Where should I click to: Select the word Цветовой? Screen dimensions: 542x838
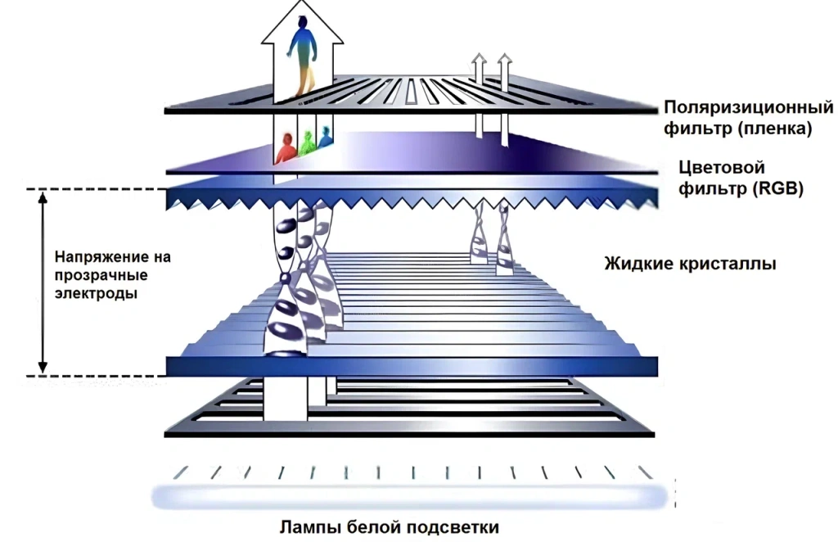click(x=718, y=167)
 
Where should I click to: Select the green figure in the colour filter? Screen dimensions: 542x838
click(x=307, y=143)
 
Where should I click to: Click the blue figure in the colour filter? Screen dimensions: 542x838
click(x=326, y=137)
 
